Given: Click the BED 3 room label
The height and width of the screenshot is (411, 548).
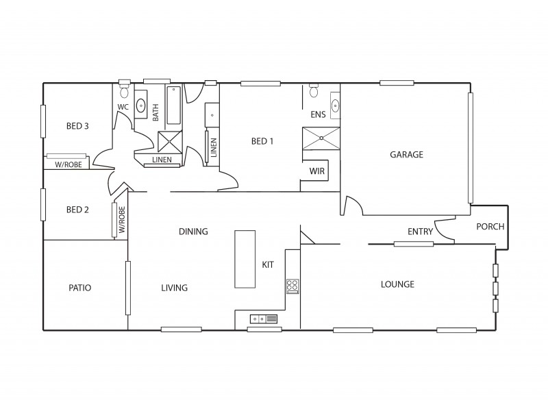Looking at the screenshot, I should pyautogui.click(x=77, y=126).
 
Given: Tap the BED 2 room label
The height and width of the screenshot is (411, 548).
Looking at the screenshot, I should pyautogui.click(x=77, y=210).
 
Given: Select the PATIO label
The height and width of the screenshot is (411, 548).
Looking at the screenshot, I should pyautogui.click(x=80, y=288).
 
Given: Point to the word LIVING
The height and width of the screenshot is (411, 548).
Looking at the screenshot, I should pyautogui.click(x=174, y=288).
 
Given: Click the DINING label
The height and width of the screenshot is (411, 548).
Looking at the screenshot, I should pyautogui.click(x=193, y=232).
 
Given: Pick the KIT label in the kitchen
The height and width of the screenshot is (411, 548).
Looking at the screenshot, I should pyautogui.click(x=268, y=264).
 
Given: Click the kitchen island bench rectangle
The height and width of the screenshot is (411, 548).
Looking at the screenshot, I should pyautogui.click(x=245, y=259).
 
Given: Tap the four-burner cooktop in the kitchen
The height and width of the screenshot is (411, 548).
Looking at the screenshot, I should pyautogui.click(x=292, y=286).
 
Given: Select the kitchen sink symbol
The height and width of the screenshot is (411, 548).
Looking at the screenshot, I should pyautogui.click(x=264, y=319).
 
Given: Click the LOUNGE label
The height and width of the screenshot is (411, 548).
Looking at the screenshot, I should pyautogui.click(x=398, y=284).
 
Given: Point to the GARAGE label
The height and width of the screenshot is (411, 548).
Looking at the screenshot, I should pyautogui.click(x=406, y=155).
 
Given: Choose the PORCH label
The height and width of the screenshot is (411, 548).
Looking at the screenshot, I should pyautogui.click(x=490, y=227).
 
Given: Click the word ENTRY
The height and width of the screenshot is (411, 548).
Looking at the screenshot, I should pyautogui.click(x=420, y=232).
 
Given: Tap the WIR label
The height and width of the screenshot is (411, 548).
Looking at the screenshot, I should pyautogui.click(x=317, y=171).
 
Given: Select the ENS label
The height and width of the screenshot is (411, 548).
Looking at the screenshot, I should pyautogui.click(x=318, y=114).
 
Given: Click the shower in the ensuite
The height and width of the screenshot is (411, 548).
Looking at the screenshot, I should pyautogui.click(x=321, y=138).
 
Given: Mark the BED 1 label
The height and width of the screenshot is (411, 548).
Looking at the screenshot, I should pyautogui.click(x=262, y=142).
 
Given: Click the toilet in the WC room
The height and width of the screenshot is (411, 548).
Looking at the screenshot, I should pyautogui.click(x=124, y=92).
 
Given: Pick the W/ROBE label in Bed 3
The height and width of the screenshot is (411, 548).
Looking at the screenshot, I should pyautogui.click(x=68, y=164).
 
